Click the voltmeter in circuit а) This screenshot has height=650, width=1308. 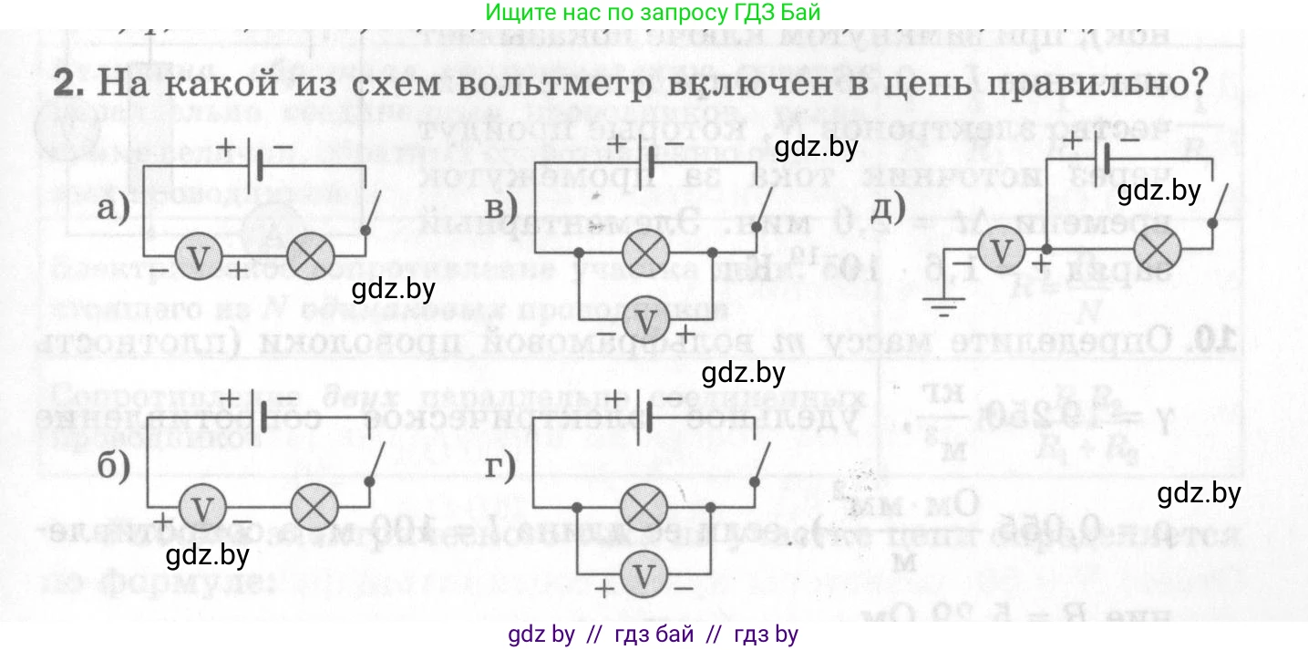[x=198, y=258]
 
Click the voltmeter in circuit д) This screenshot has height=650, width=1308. [x=1002, y=250]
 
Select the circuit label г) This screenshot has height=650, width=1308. [x=500, y=466]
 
